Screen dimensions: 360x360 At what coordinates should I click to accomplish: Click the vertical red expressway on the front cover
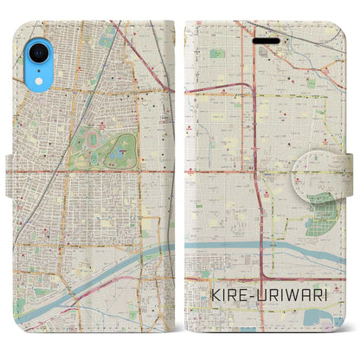(254, 130)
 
